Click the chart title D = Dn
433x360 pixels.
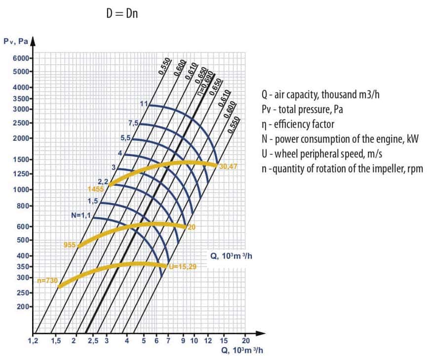tap(122, 13)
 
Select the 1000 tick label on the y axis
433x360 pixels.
tap(23, 190)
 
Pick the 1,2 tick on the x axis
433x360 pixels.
tap(33, 341)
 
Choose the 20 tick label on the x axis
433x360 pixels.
tap(246, 341)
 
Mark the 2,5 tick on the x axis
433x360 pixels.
tap(92, 341)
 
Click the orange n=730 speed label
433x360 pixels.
tap(48, 280)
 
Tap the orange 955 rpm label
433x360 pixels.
tap(69, 244)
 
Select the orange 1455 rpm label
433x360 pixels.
tap(95, 189)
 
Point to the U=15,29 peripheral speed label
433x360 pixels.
tap(183, 267)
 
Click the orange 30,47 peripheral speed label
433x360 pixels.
tap(229, 166)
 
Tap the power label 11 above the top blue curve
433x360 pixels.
tap(144, 104)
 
